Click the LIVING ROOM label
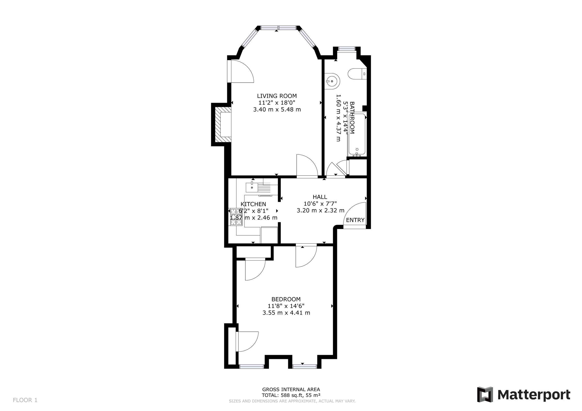277,96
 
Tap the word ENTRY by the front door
355,220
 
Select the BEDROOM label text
286,299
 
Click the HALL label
320,197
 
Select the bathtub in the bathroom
357,134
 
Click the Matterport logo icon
485,395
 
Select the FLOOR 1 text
25,400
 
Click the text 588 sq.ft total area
291,395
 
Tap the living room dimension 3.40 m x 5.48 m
277,110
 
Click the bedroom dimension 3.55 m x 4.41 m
286,313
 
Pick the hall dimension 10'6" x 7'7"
320,204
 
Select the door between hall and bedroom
306,256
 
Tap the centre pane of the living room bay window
278,28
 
